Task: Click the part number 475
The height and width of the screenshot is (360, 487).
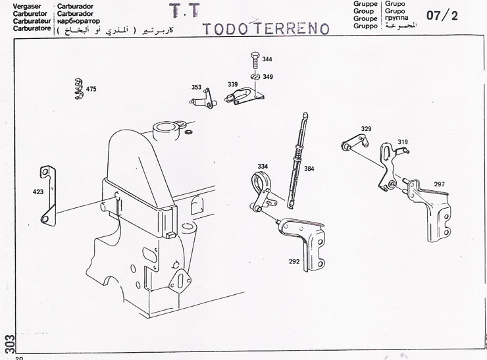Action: (x=91, y=89)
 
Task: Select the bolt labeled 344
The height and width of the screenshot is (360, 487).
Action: (x=255, y=61)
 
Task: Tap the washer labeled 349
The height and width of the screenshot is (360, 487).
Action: (x=255, y=76)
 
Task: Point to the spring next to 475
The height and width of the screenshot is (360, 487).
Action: (x=79, y=89)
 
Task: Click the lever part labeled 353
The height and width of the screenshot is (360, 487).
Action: (x=204, y=99)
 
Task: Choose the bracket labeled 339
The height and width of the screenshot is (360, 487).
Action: (x=244, y=96)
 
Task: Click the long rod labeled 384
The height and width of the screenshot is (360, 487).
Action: (x=297, y=161)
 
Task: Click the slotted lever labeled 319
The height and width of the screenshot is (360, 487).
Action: (x=389, y=165)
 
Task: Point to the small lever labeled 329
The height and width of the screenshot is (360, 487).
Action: (x=355, y=142)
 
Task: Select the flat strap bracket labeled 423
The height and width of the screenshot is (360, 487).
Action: (x=49, y=195)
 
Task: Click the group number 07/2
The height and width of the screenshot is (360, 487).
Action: (x=442, y=15)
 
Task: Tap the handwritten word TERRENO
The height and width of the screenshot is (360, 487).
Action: (x=293, y=28)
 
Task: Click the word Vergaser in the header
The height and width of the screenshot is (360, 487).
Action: (x=27, y=6)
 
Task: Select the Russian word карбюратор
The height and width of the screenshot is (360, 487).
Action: (x=78, y=21)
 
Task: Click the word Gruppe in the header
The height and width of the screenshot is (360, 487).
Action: (x=365, y=4)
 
